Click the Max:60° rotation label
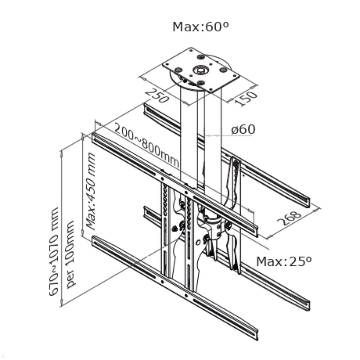[x=200, y=27]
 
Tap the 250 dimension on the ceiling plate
[x=157, y=95]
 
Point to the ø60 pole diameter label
[x=243, y=130]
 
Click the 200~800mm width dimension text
[x=146, y=145]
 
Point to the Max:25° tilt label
[x=284, y=261]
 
